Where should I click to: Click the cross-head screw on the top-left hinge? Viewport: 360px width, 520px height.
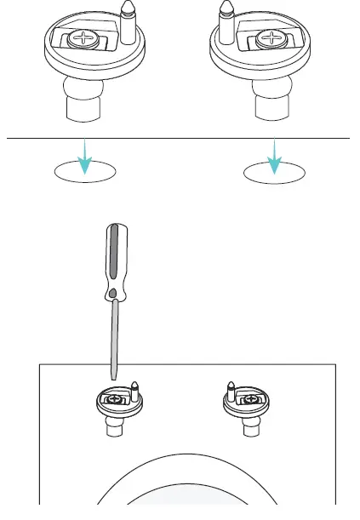(x=88, y=39)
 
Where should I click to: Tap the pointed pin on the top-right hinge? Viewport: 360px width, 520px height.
(x=227, y=21)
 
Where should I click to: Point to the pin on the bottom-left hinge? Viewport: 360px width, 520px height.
(x=134, y=391)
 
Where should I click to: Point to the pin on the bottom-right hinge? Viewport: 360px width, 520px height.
(x=230, y=391)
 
